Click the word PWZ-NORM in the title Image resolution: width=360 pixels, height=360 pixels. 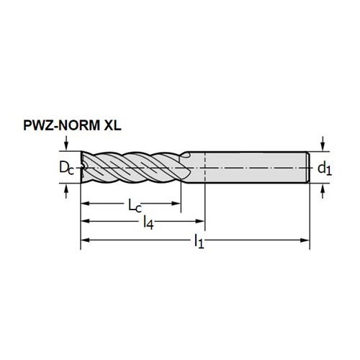[x=61, y=125]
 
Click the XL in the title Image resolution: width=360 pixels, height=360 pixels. [x=112, y=125]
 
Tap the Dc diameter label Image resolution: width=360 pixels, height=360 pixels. [x=67, y=168]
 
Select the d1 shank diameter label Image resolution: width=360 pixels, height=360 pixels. [x=325, y=168]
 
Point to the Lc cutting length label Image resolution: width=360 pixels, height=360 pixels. [x=135, y=206]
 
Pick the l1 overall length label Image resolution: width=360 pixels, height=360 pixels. [x=199, y=241]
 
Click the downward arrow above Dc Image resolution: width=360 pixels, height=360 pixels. [x=67, y=143]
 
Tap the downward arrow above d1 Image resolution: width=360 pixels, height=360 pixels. [x=323, y=144]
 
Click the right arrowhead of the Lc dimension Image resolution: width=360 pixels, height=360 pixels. [x=176, y=204]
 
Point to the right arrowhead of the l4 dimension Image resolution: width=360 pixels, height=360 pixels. [x=199, y=221]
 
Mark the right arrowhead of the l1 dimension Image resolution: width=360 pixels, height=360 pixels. [x=305, y=240]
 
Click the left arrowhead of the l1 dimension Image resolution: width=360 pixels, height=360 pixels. [x=85, y=240]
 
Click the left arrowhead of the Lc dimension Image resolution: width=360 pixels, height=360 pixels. [x=85, y=204]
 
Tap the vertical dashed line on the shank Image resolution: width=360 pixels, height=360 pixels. [x=204, y=167]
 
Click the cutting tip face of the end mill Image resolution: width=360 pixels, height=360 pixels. [x=83, y=167]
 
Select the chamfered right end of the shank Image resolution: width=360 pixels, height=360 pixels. [x=308, y=167]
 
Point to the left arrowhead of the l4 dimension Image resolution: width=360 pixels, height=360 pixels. [x=85, y=221]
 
